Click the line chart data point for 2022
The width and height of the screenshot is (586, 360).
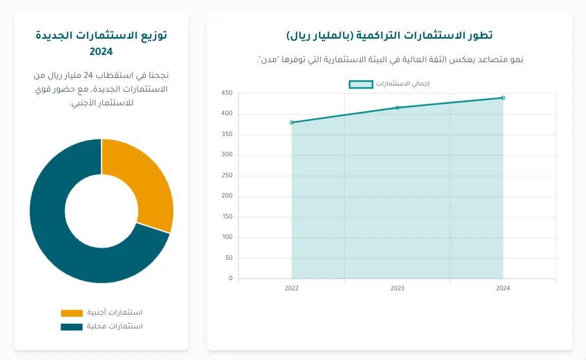pyautogui.click(x=292, y=123)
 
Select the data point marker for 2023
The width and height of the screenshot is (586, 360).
pyautogui.click(x=398, y=107)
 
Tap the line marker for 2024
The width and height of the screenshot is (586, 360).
pyautogui.click(x=503, y=98)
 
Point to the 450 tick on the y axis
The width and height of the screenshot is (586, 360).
pyautogui.click(x=227, y=93)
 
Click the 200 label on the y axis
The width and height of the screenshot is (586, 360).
pyautogui.click(x=227, y=196)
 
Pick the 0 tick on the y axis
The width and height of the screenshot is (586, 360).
pyautogui.click(x=230, y=279)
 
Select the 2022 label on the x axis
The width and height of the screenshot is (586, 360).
pyautogui.click(x=292, y=288)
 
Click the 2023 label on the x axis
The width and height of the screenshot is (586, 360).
pyautogui.click(x=398, y=288)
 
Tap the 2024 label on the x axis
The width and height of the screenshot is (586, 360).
pyautogui.click(x=503, y=288)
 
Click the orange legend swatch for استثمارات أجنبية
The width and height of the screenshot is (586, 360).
pyautogui.click(x=71, y=313)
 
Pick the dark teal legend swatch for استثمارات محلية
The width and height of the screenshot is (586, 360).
pyautogui.click(x=71, y=326)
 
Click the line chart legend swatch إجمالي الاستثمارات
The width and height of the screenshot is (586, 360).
pyautogui.click(x=361, y=84)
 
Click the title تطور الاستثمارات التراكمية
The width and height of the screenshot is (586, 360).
pyautogui.click(x=389, y=35)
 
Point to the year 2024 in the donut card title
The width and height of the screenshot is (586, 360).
pyautogui.click(x=101, y=51)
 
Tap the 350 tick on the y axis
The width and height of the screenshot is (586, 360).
pyautogui.click(x=227, y=134)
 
